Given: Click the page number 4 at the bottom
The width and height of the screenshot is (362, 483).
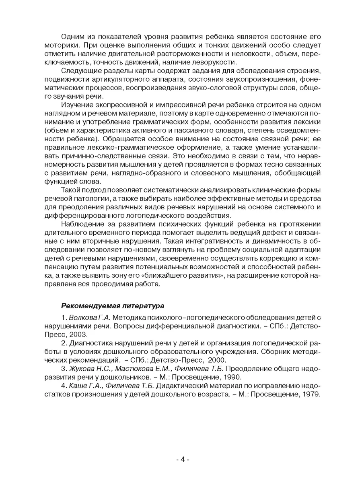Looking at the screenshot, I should click(182, 459).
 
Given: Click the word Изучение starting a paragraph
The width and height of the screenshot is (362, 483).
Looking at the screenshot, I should click(78, 105).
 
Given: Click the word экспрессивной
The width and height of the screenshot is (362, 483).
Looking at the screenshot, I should click(121, 105).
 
